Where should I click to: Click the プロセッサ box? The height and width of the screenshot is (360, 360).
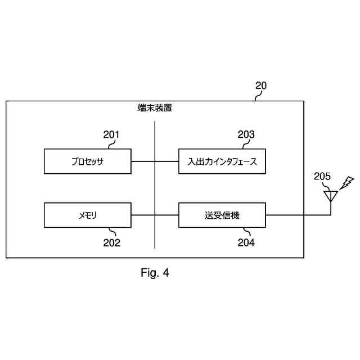[x=88, y=161]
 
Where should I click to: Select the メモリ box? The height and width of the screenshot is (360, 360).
[x=88, y=215]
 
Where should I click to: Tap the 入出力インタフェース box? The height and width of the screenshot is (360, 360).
[x=222, y=161]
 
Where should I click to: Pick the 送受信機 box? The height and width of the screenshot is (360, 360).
[x=222, y=215]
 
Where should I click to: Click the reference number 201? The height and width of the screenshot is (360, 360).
[x=111, y=134]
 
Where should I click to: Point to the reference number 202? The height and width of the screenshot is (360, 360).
[x=111, y=243]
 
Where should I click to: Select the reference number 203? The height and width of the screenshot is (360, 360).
[x=246, y=134]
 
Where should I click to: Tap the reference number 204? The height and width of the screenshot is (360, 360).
[x=246, y=243]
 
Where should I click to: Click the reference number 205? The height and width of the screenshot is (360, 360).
[x=322, y=177]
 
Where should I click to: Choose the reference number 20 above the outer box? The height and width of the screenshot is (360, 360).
[x=261, y=86]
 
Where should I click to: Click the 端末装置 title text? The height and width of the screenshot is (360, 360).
[x=155, y=109]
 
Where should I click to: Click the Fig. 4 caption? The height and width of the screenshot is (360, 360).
[x=155, y=273]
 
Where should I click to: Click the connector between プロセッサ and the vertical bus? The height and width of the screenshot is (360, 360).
[x=143, y=161]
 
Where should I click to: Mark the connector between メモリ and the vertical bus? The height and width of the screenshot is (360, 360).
[x=143, y=215]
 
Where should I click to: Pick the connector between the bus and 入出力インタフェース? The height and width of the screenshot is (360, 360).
[x=166, y=161]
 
